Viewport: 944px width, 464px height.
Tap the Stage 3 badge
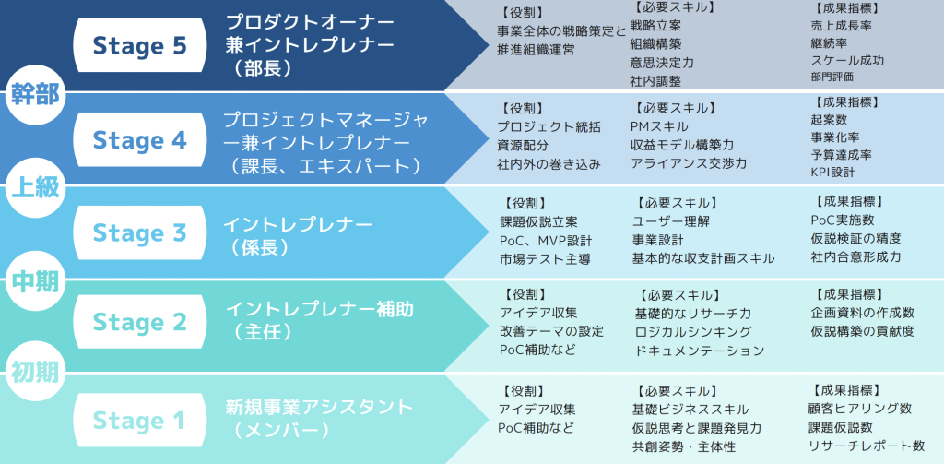139,232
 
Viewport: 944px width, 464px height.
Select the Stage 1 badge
139,421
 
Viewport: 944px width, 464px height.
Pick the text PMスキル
659,125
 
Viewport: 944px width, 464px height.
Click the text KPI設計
832,172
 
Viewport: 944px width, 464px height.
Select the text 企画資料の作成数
863,313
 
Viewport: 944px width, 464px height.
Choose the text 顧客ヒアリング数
859,409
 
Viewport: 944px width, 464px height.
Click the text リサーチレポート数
866,446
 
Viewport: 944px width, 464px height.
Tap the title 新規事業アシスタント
319,407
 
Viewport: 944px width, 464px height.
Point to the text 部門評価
832,77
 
